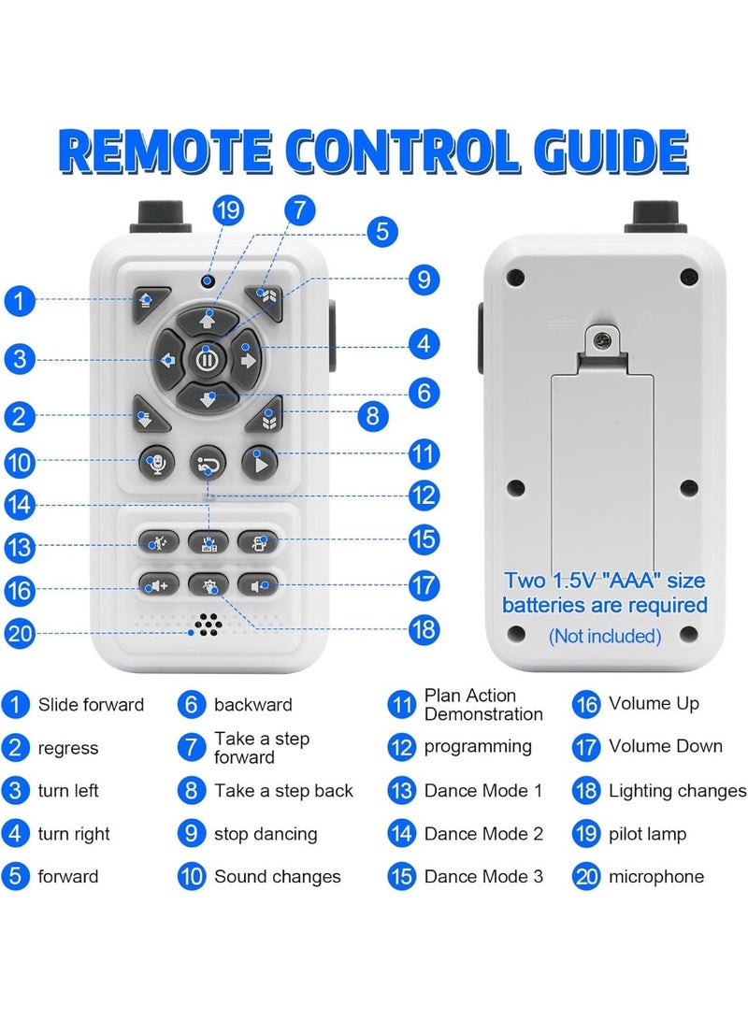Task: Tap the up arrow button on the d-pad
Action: point(208,320)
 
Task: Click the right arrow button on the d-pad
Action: point(247,359)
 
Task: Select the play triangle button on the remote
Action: point(260,464)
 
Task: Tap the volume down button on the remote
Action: point(257,585)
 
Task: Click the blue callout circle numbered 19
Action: point(227,210)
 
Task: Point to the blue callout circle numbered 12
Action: point(424,496)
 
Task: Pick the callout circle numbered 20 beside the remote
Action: point(19,633)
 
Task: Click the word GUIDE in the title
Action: point(611,151)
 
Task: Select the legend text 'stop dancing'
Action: point(266,834)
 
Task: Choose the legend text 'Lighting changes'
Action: point(677,791)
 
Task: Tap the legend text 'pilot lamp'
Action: point(647,834)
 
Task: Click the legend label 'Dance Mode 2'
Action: point(483,834)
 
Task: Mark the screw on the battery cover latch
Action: point(604,340)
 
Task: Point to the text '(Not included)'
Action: point(605,636)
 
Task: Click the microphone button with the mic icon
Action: point(157,463)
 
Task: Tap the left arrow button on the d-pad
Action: point(167,359)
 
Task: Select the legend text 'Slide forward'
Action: point(91,705)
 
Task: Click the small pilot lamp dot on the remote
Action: point(208,281)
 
